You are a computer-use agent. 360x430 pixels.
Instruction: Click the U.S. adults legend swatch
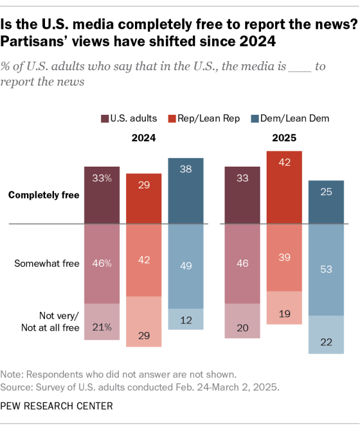(x=105, y=118)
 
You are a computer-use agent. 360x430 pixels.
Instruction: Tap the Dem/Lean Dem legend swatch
(x=255, y=118)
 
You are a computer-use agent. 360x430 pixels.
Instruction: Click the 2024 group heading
(x=143, y=137)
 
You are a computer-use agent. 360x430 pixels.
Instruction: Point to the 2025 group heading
(x=285, y=137)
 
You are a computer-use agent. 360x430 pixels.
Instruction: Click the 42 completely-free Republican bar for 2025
(x=285, y=187)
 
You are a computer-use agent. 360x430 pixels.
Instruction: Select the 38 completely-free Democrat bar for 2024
(x=186, y=191)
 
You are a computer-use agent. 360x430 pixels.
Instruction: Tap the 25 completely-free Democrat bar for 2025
(x=326, y=202)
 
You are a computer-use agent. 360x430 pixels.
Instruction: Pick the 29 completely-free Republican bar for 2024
(x=144, y=199)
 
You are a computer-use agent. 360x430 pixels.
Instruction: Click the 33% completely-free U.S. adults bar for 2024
(x=102, y=195)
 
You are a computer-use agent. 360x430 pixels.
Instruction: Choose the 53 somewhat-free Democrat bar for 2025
(x=326, y=270)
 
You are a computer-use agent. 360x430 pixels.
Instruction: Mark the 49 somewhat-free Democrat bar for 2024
(x=186, y=266)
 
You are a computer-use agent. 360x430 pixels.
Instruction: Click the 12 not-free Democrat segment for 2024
(x=186, y=319)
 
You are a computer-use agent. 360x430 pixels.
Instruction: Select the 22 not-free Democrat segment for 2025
(x=326, y=335)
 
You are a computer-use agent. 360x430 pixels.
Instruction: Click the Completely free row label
(x=43, y=195)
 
